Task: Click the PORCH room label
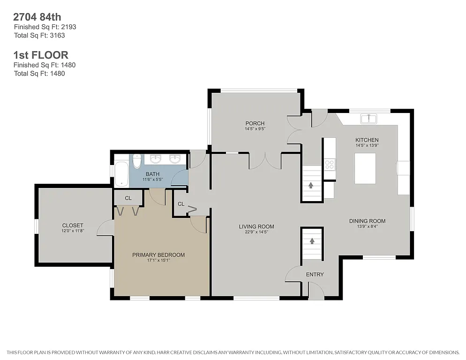pos(255,123)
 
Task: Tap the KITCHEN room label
pos(367,140)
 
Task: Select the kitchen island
pos(365,168)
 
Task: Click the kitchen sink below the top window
pos(368,119)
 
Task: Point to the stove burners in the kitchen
pos(330,164)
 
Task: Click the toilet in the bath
pos(136,161)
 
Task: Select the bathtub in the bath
pos(121,173)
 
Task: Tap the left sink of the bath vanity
pos(155,159)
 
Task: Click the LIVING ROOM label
pos(256,227)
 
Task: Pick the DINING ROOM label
pos(367,221)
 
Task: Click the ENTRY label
pos(315,275)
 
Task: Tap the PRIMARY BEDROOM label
pos(158,255)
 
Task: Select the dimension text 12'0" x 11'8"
pos(72,231)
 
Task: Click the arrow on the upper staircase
pos(311,185)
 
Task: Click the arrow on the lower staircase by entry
pos(312,241)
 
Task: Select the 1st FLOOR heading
pos(41,55)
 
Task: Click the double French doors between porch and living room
pos(266,161)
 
